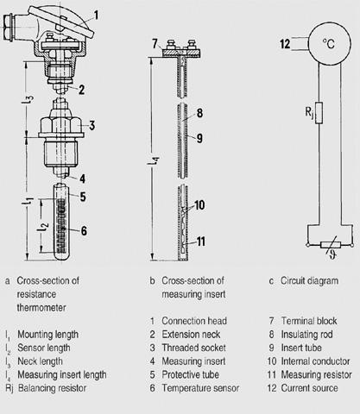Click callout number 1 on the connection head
96,15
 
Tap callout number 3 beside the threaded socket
92,125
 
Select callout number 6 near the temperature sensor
84,230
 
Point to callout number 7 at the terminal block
155,44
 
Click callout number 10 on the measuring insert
199,205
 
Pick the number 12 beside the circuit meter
285,44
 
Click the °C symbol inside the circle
329,44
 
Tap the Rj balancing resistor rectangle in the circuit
319,113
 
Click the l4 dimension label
154,160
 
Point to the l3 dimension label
28,100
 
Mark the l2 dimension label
43,227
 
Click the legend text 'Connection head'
194,321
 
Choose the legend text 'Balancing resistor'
52,388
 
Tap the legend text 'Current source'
309,388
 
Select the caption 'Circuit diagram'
309,280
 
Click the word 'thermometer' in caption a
41,308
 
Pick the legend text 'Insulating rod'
306,335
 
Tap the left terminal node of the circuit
307,245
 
